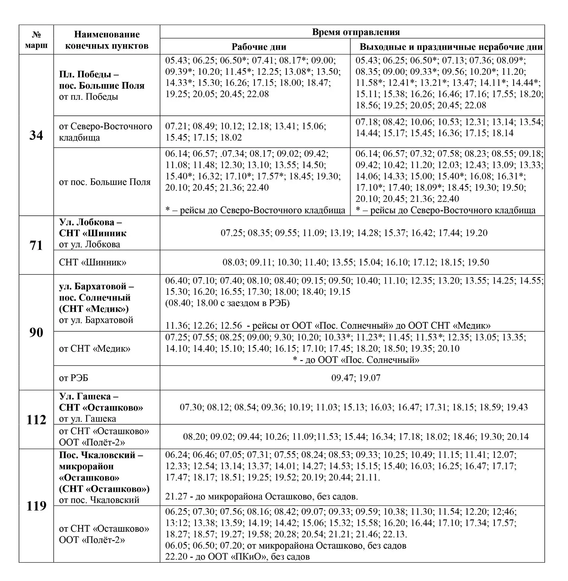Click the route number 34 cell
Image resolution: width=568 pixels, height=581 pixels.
[x=36, y=135]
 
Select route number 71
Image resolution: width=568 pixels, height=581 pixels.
[x=36, y=245]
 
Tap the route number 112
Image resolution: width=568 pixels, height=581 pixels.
[x=36, y=420]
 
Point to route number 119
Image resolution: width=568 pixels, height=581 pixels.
[x=36, y=506]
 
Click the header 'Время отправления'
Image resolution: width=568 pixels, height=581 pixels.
[x=356, y=32]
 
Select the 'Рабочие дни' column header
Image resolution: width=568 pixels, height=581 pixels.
[x=259, y=47]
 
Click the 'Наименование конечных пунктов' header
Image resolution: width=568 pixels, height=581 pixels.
[x=107, y=40]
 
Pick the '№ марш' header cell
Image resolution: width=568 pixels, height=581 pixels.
[x=36, y=40]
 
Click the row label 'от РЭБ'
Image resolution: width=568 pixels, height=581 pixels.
[x=74, y=378]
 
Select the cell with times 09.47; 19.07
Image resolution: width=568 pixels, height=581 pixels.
[x=356, y=378]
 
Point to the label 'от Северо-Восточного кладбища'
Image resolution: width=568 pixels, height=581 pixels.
[x=105, y=132]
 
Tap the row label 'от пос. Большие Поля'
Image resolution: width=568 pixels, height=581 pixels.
[x=105, y=182]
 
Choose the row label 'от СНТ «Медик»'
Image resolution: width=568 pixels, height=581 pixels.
[x=95, y=349]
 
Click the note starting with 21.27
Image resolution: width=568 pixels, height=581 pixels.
[x=261, y=497]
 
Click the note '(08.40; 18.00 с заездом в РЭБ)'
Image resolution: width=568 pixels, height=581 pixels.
[x=227, y=303]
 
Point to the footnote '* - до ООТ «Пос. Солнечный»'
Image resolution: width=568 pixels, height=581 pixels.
[x=356, y=360]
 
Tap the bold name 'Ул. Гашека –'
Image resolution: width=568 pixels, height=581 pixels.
[x=89, y=396]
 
